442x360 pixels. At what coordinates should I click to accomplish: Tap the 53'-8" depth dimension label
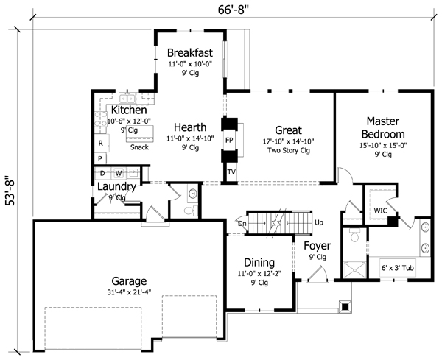(9, 202)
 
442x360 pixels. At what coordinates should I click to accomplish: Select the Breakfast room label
(189, 52)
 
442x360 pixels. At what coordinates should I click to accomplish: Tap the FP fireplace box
(229, 138)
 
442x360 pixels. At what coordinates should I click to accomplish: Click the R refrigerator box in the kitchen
(99, 143)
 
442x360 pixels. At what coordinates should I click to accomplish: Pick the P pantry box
(99, 158)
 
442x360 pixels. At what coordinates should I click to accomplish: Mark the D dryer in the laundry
(102, 174)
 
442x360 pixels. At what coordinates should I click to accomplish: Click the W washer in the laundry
(118, 174)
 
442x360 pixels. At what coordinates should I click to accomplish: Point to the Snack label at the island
(139, 147)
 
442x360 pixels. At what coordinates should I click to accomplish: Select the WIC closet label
(380, 211)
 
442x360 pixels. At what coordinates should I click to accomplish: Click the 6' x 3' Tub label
(397, 268)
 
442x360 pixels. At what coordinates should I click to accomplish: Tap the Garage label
(129, 281)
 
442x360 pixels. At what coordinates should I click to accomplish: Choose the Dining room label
(259, 262)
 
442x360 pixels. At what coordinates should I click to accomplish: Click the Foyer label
(318, 245)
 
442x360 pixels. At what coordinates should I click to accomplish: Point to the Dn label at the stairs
(242, 222)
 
